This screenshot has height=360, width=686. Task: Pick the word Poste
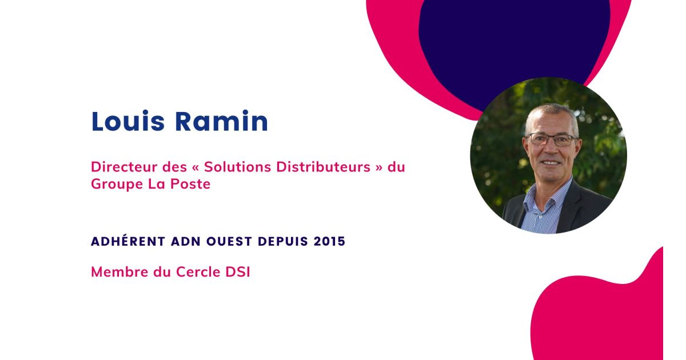tap(192, 185)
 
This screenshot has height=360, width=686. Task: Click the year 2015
tap(329, 241)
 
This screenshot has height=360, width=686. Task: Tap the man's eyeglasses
tap(552, 139)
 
